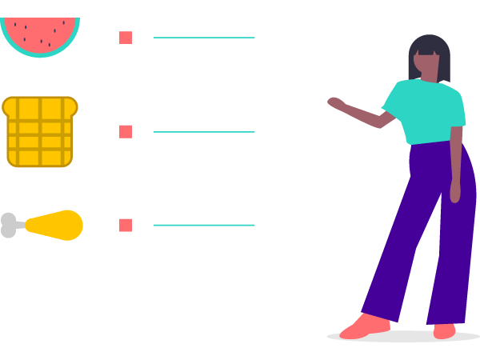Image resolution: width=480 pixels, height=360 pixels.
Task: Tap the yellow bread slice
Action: click(x=40, y=132)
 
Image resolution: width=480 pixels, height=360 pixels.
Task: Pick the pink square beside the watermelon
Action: click(x=126, y=38)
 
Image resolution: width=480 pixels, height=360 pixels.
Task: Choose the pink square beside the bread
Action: click(x=126, y=131)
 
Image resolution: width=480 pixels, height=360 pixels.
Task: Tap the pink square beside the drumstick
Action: click(x=126, y=225)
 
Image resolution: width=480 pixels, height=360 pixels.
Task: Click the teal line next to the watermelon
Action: click(x=204, y=38)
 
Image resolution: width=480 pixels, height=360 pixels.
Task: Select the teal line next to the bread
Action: click(x=204, y=132)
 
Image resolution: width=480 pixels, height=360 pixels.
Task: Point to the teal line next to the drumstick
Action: click(x=204, y=225)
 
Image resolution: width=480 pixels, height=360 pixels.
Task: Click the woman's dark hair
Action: click(x=430, y=45)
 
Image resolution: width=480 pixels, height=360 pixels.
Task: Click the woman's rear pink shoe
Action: click(x=444, y=330)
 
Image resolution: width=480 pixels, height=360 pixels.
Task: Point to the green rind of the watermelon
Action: click(x=40, y=54)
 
